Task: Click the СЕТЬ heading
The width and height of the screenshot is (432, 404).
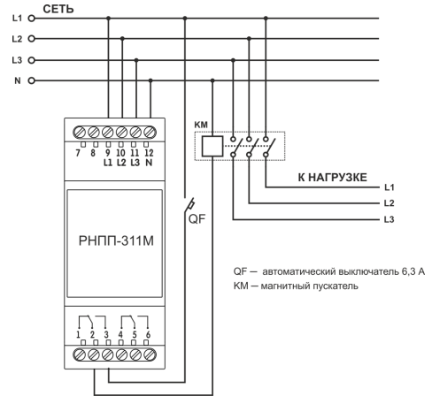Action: click(x=58, y=9)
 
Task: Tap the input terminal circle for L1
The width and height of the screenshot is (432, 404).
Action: click(x=31, y=19)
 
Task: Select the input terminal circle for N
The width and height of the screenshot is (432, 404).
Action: click(x=31, y=80)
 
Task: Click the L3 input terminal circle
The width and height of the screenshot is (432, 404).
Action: click(x=31, y=60)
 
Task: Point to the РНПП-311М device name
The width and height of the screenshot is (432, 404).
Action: click(x=116, y=240)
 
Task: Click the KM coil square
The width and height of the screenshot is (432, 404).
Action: click(x=212, y=146)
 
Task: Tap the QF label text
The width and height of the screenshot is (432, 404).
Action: click(x=197, y=218)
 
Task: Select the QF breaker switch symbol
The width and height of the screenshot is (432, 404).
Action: click(x=189, y=205)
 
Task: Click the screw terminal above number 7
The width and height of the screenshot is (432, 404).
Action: click(x=79, y=133)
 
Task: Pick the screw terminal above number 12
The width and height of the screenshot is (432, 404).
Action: click(x=150, y=133)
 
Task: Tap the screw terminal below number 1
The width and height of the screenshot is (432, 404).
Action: click(x=79, y=354)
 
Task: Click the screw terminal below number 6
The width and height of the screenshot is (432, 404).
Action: click(x=150, y=354)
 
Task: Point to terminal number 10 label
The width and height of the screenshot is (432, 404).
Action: click(x=120, y=153)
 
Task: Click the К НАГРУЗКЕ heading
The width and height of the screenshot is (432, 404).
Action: click(x=333, y=178)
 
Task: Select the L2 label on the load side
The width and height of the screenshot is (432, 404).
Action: click(x=389, y=203)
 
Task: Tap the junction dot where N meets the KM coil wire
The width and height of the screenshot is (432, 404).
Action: click(x=212, y=80)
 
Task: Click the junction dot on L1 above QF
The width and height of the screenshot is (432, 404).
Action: click(x=185, y=19)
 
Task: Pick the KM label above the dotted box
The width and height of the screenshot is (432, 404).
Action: click(x=201, y=125)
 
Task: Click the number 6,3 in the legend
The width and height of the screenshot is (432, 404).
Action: click(x=408, y=271)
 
